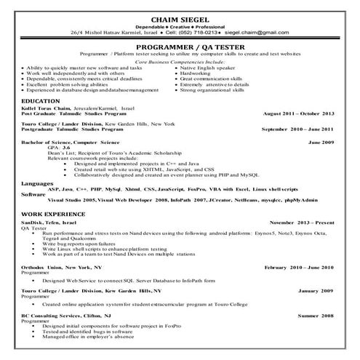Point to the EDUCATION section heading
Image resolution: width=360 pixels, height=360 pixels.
tap(41, 100)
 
